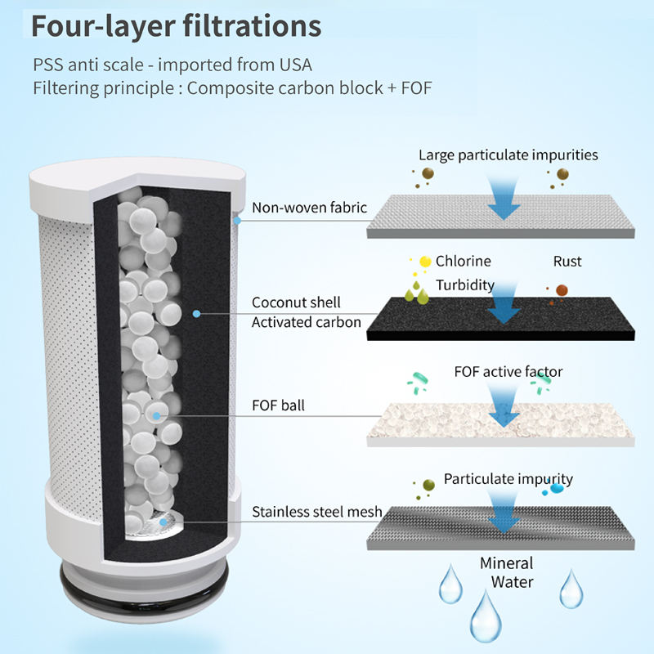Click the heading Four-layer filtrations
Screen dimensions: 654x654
[x=176, y=25]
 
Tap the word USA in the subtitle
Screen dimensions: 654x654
[x=295, y=65]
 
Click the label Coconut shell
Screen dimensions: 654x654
[x=296, y=302]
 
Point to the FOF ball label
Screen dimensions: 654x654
[x=278, y=405]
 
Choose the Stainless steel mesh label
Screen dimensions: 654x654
[x=317, y=513]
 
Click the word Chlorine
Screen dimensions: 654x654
[x=464, y=262]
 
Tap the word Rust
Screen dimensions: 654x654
[x=567, y=262]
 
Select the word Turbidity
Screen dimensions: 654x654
[x=464, y=284]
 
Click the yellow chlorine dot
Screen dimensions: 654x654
[x=425, y=262]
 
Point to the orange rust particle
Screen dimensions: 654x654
[x=562, y=289]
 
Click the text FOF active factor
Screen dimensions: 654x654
[x=508, y=372]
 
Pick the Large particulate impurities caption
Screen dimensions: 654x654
[x=508, y=155]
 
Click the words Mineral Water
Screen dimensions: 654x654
[x=506, y=572]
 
